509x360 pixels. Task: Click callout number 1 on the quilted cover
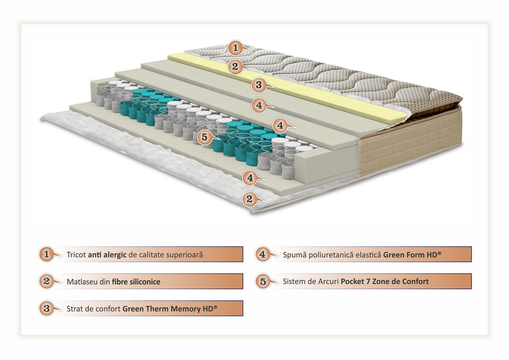pos(235,48)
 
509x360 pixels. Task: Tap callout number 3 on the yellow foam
pos(259,85)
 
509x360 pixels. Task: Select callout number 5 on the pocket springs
pos(205,137)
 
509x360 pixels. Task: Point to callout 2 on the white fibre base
pos(249,199)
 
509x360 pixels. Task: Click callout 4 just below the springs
pos(250,178)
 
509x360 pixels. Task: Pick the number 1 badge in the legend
pos(47,254)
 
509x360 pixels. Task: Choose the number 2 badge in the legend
pos(47,281)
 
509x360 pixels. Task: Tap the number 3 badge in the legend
pos(47,308)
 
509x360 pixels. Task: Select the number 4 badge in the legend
pos(263,254)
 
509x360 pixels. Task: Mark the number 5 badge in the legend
pos(263,281)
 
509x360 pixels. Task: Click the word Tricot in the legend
pos(76,255)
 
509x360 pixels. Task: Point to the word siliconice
pos(145,282)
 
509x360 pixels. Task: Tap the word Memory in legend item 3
pos(186,309)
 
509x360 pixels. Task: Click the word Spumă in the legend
pos(295,255)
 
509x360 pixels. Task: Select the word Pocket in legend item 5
pos(352,281)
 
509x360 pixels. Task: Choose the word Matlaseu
pos(82,282)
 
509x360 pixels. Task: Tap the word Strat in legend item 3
pos(75,309)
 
